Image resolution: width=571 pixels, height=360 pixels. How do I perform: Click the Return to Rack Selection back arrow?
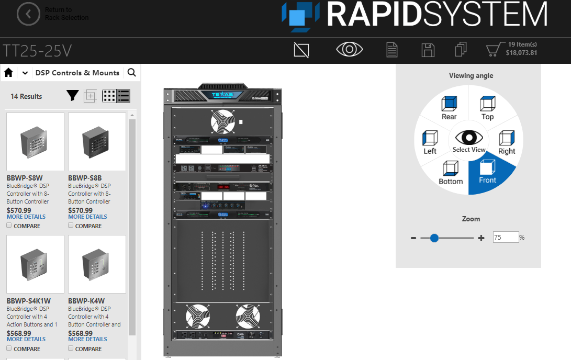pos(28,14)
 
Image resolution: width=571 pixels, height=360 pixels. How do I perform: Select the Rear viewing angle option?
pos(449,108)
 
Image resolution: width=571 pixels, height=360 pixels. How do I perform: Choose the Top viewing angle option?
pos(487,108)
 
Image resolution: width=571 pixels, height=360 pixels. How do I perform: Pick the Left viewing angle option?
pos(430,142)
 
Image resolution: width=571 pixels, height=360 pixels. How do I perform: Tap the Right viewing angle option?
pos(506,142)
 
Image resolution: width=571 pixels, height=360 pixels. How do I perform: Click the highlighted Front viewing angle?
pos(487,173)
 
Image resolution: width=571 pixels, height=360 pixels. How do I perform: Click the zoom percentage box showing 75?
pos(506,237)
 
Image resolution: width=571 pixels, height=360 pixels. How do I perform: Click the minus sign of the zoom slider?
pos(413,238)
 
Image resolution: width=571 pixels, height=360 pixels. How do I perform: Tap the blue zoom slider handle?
pos(434,238)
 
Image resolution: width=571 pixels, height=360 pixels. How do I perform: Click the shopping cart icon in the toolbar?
pos(493,50)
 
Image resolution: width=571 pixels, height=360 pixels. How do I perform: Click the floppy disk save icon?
pos(428,50)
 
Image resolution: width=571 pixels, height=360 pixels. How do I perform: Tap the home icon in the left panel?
pos(8,73)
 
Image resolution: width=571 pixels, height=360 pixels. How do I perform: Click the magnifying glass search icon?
pos(132,73)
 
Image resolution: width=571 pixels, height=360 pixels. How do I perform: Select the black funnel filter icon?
pos(72,96)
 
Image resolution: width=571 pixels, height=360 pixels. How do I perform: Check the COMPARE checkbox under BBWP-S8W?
pos(9,226)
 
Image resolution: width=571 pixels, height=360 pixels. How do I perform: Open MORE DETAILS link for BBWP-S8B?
pos(87,217)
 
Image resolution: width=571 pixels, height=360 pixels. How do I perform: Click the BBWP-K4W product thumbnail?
pos(97,264)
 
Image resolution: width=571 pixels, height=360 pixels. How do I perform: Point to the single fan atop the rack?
pos(223,121)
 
